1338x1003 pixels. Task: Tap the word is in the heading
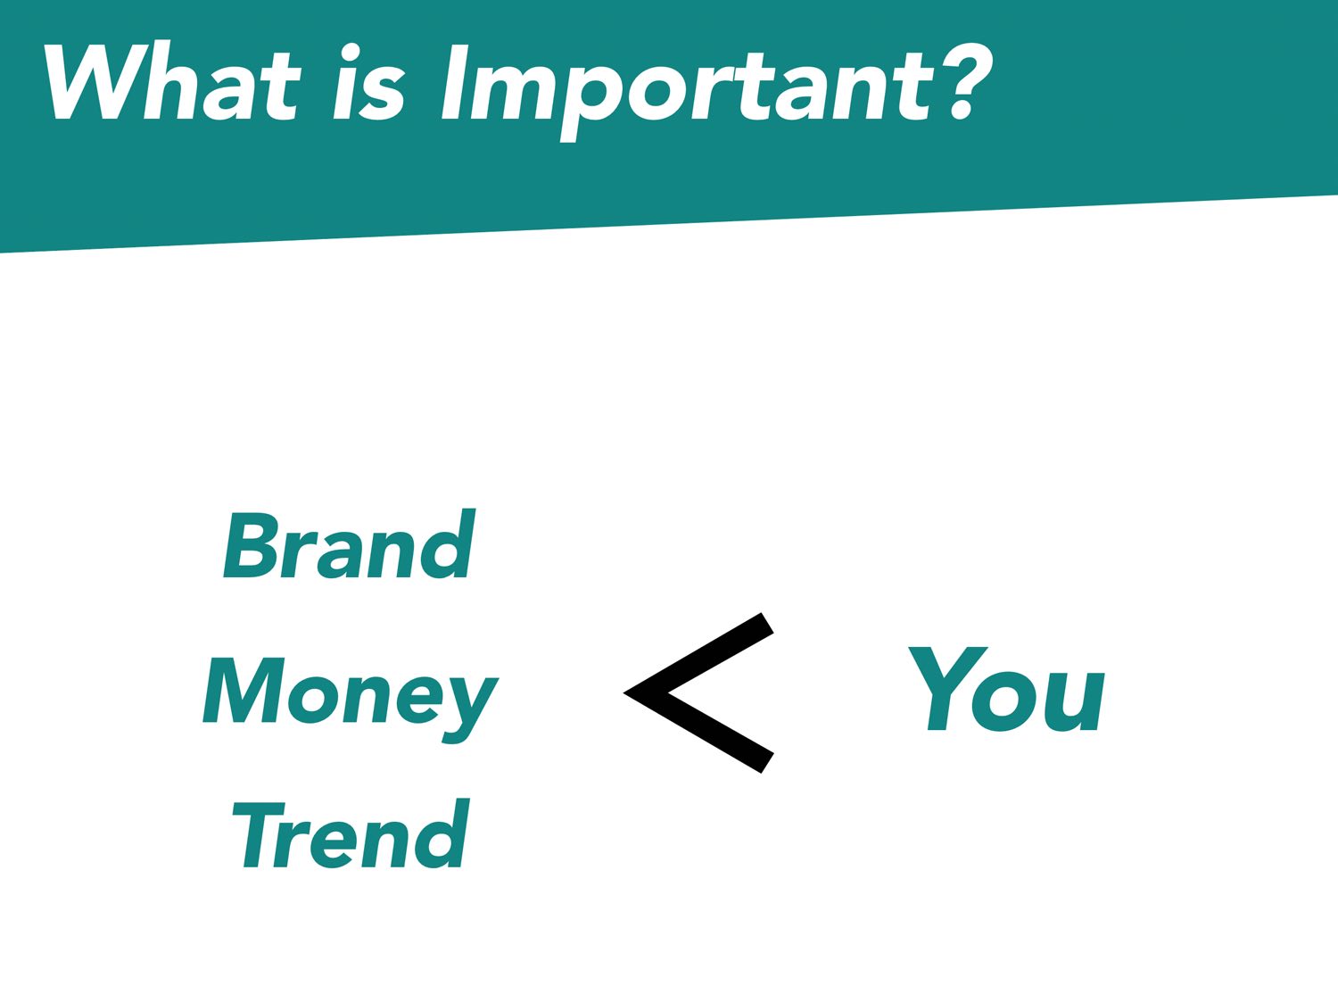(x=369, y=82)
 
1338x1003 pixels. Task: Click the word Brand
(x=350, y=543)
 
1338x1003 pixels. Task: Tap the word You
(x=1006, y=689)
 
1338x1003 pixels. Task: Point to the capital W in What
(x=96, y=82)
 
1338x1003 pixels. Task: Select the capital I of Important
(x=454, y=83)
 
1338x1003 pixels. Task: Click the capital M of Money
(x=244, y=690)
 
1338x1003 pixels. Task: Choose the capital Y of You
(x=947, y=689)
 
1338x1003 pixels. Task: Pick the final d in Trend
(x=440, y=833)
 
